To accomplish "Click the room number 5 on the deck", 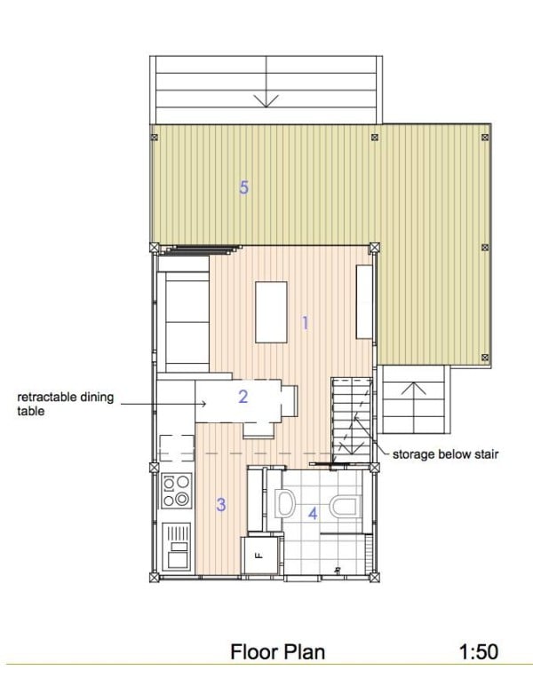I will click(x=243, y=187).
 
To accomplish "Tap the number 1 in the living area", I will click(x=305, y=323).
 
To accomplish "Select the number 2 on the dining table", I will click(x=243, y=397).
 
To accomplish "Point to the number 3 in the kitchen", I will click(x=220, y=505).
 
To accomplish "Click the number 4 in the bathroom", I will click(x=312, y=512).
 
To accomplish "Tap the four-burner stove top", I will click(x=176, y=490).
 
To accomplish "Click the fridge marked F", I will click(x=259, y=556).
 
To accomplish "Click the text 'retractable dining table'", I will click(x=65, y=404).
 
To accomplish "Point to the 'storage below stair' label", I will click(x=446, y=454).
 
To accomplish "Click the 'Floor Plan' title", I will click(x=278, y=652).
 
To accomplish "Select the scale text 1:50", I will click(x=478, y=652).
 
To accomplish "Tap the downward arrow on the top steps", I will click(x=265, y=99).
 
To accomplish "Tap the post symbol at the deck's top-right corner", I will click(x=484, y=138).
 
